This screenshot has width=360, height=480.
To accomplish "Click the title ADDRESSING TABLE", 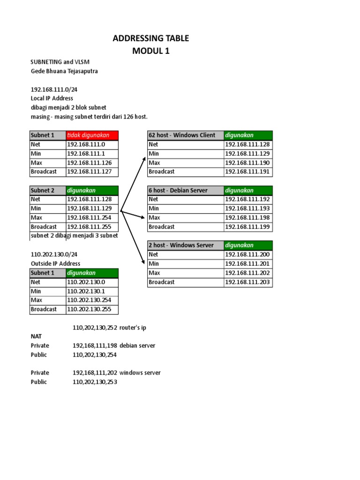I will (150, 38).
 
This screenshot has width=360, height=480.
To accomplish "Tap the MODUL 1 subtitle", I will (150, 51).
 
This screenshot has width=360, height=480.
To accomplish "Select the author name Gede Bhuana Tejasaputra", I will (64, 71).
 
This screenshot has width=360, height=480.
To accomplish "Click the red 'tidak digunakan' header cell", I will (92, 135).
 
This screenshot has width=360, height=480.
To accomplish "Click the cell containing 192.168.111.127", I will (92, 172).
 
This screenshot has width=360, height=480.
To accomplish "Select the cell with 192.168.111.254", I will (92, 217).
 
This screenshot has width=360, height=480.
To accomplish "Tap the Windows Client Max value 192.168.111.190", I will (247, 163).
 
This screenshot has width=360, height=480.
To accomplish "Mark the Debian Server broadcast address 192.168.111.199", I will (247, 227).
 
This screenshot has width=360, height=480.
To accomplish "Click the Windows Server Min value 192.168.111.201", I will (247, 263).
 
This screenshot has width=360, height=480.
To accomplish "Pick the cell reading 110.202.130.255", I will (92, 309).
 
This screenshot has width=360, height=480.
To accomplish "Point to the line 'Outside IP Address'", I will (55, 263).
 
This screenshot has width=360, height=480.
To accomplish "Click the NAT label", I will (36, 337).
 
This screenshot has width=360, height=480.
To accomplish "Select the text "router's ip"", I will (136, 328).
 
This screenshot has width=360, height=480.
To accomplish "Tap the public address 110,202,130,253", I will (95, 382).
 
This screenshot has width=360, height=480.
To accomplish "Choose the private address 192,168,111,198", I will (95, 345).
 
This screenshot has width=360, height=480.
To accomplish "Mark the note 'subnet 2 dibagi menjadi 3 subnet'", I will (74, 236).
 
